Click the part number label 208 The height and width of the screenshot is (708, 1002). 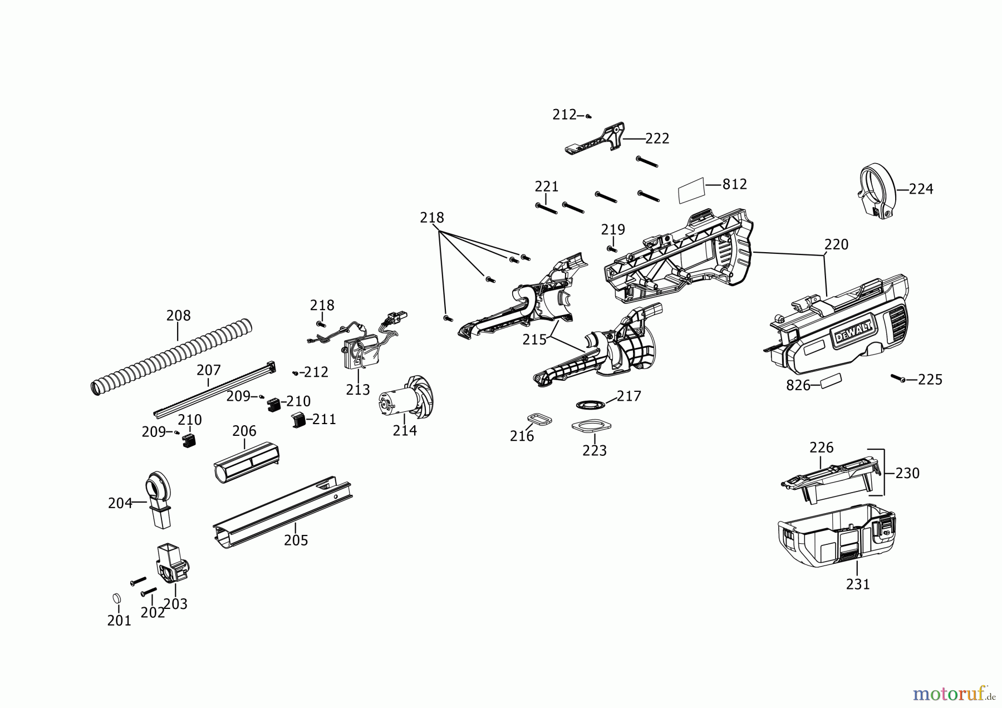(x=178, y=316)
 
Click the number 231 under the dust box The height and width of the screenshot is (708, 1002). (x=857, y=584)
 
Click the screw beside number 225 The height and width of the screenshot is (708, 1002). (x=897, y=378)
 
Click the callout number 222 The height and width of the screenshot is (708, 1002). (x=657, y=139)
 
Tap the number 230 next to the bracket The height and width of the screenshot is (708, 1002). (x=907, y=473)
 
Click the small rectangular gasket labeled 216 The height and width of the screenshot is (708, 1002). (x=539, y=418)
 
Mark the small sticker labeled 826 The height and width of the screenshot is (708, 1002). (x=831, y=381)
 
